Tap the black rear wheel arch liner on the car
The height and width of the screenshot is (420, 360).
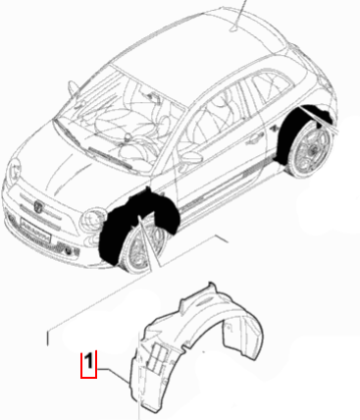coord(294,137)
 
